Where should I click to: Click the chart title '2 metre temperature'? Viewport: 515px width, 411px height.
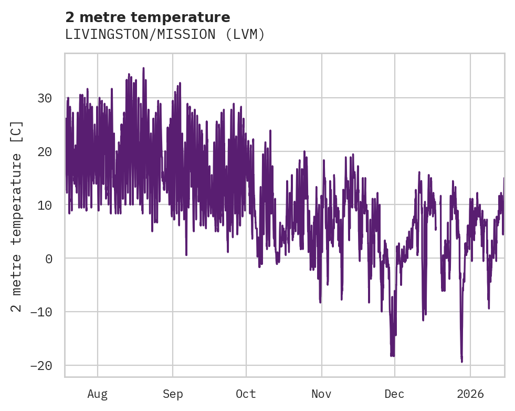coord(148,17)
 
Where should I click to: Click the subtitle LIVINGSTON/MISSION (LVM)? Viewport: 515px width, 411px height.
coord(164,35)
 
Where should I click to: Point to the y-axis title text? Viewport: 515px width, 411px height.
coord(17,216)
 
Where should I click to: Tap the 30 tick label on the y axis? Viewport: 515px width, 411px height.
coord(45,98)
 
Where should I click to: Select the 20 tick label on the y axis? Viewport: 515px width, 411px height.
coord(45,152)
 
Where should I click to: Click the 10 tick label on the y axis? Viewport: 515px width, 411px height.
coord(45,205)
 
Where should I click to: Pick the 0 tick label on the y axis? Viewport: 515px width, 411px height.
coord(49,259)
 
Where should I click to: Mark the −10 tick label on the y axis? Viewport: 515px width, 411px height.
coord(41,312)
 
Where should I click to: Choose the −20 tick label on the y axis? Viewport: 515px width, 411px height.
coord(41,366)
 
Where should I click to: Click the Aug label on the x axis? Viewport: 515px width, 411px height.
coord(97,394)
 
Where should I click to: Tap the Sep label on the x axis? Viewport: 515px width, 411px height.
coord(172,394)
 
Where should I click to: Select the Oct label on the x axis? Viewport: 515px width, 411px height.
coord(246,394)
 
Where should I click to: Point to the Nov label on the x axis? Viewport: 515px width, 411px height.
coord(321,394)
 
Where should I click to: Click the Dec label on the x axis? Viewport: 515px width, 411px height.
coord(394,394)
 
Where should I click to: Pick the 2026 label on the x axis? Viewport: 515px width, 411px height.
coord(470,394)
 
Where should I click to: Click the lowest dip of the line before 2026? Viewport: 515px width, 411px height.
coord(461,362)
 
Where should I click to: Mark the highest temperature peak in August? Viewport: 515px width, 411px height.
coord(143,68)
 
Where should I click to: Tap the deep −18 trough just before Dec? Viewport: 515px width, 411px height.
coord(392,355)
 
